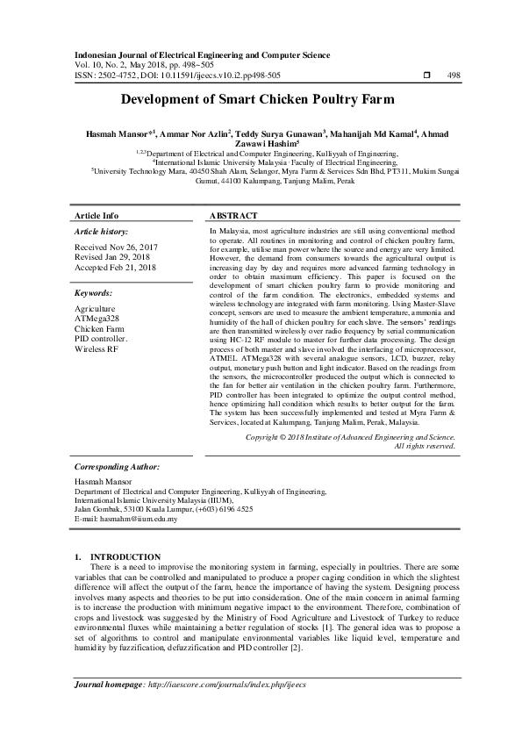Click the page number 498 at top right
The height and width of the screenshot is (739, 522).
point(454,75)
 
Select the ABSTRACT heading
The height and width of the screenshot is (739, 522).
point(233,215)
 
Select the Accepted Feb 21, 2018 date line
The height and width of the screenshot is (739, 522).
point(116,268)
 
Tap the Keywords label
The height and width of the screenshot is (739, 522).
point(94,292)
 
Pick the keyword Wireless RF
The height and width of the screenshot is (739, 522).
point(97,348)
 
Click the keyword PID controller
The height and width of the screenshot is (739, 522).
point(102,338)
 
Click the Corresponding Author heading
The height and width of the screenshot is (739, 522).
point(117,468)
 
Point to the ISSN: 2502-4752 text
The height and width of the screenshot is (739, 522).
point(103,75)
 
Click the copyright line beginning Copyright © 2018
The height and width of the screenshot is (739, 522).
point(350,436)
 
